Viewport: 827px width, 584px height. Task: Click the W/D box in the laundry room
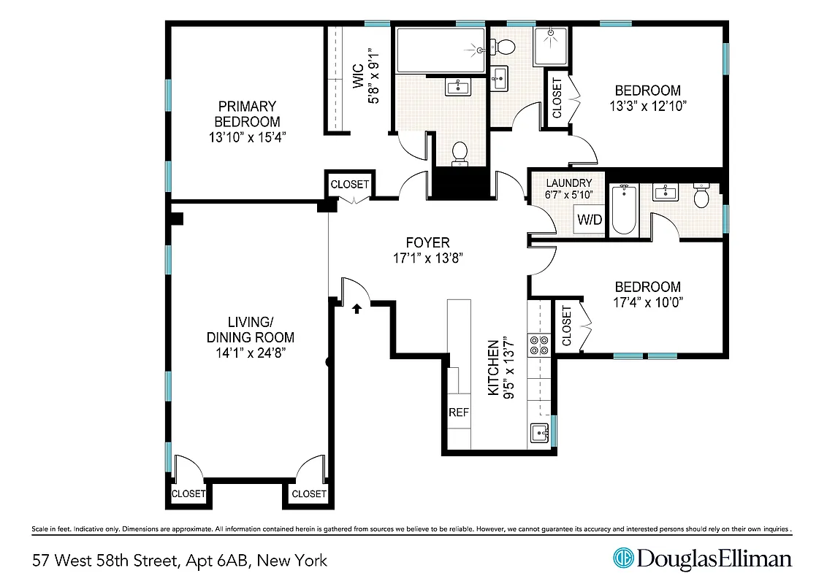(x=589, y=219)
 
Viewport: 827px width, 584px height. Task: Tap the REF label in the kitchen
(x=458, y=412)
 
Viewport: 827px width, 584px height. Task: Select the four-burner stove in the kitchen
(x=539, y=345)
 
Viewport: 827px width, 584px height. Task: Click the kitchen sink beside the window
(x=538, y=432)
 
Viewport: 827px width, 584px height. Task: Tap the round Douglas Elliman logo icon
(x=623, y=559)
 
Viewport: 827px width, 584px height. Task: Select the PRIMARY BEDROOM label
(x=246, y=114)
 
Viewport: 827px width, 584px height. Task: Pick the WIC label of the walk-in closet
(x=358, y=77)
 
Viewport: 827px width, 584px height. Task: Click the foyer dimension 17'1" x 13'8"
(x=427, y=258)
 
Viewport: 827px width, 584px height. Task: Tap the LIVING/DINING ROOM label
(x=251, y=329)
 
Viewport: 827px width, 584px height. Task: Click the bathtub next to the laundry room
(x=624, y=210)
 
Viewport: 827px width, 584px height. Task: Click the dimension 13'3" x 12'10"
(x=647, y=105)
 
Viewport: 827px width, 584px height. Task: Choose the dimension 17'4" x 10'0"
(x=647, y=301)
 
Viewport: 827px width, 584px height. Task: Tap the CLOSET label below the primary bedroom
(x=350, y=185)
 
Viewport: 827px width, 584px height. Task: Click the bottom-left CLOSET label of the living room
(x=188, y=494)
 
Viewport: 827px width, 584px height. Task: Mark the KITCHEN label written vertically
(x=493, y=367)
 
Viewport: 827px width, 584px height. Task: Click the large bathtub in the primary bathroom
(x=440, y=50)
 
